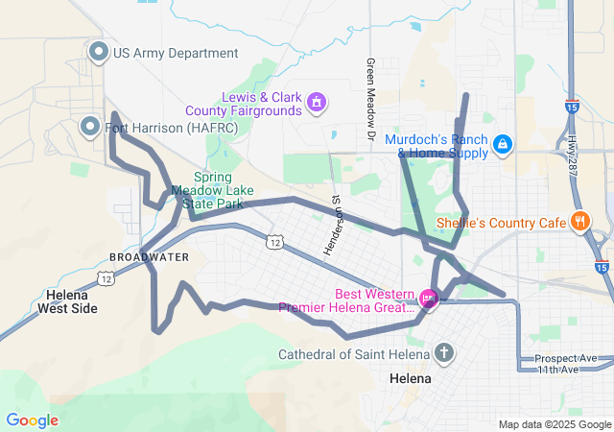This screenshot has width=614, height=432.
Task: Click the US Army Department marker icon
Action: coord(98,52)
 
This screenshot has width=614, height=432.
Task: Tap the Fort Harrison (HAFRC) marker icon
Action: coord(90,127)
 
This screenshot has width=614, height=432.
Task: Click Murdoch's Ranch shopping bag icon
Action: coord(502,145)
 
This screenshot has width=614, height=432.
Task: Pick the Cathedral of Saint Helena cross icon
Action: coord(442,354)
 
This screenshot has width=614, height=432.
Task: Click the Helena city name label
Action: coord(411,378)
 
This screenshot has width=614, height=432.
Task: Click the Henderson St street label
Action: coord(333,226)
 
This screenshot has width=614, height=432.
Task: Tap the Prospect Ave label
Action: coord(567,358)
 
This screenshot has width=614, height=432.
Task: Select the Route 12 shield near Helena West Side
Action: coord(106,277)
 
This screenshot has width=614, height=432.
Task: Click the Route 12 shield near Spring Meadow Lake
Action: coord(275,243)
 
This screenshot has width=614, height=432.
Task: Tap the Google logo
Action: coord(32,420)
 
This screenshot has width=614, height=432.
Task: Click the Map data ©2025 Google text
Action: coord(555,424)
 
